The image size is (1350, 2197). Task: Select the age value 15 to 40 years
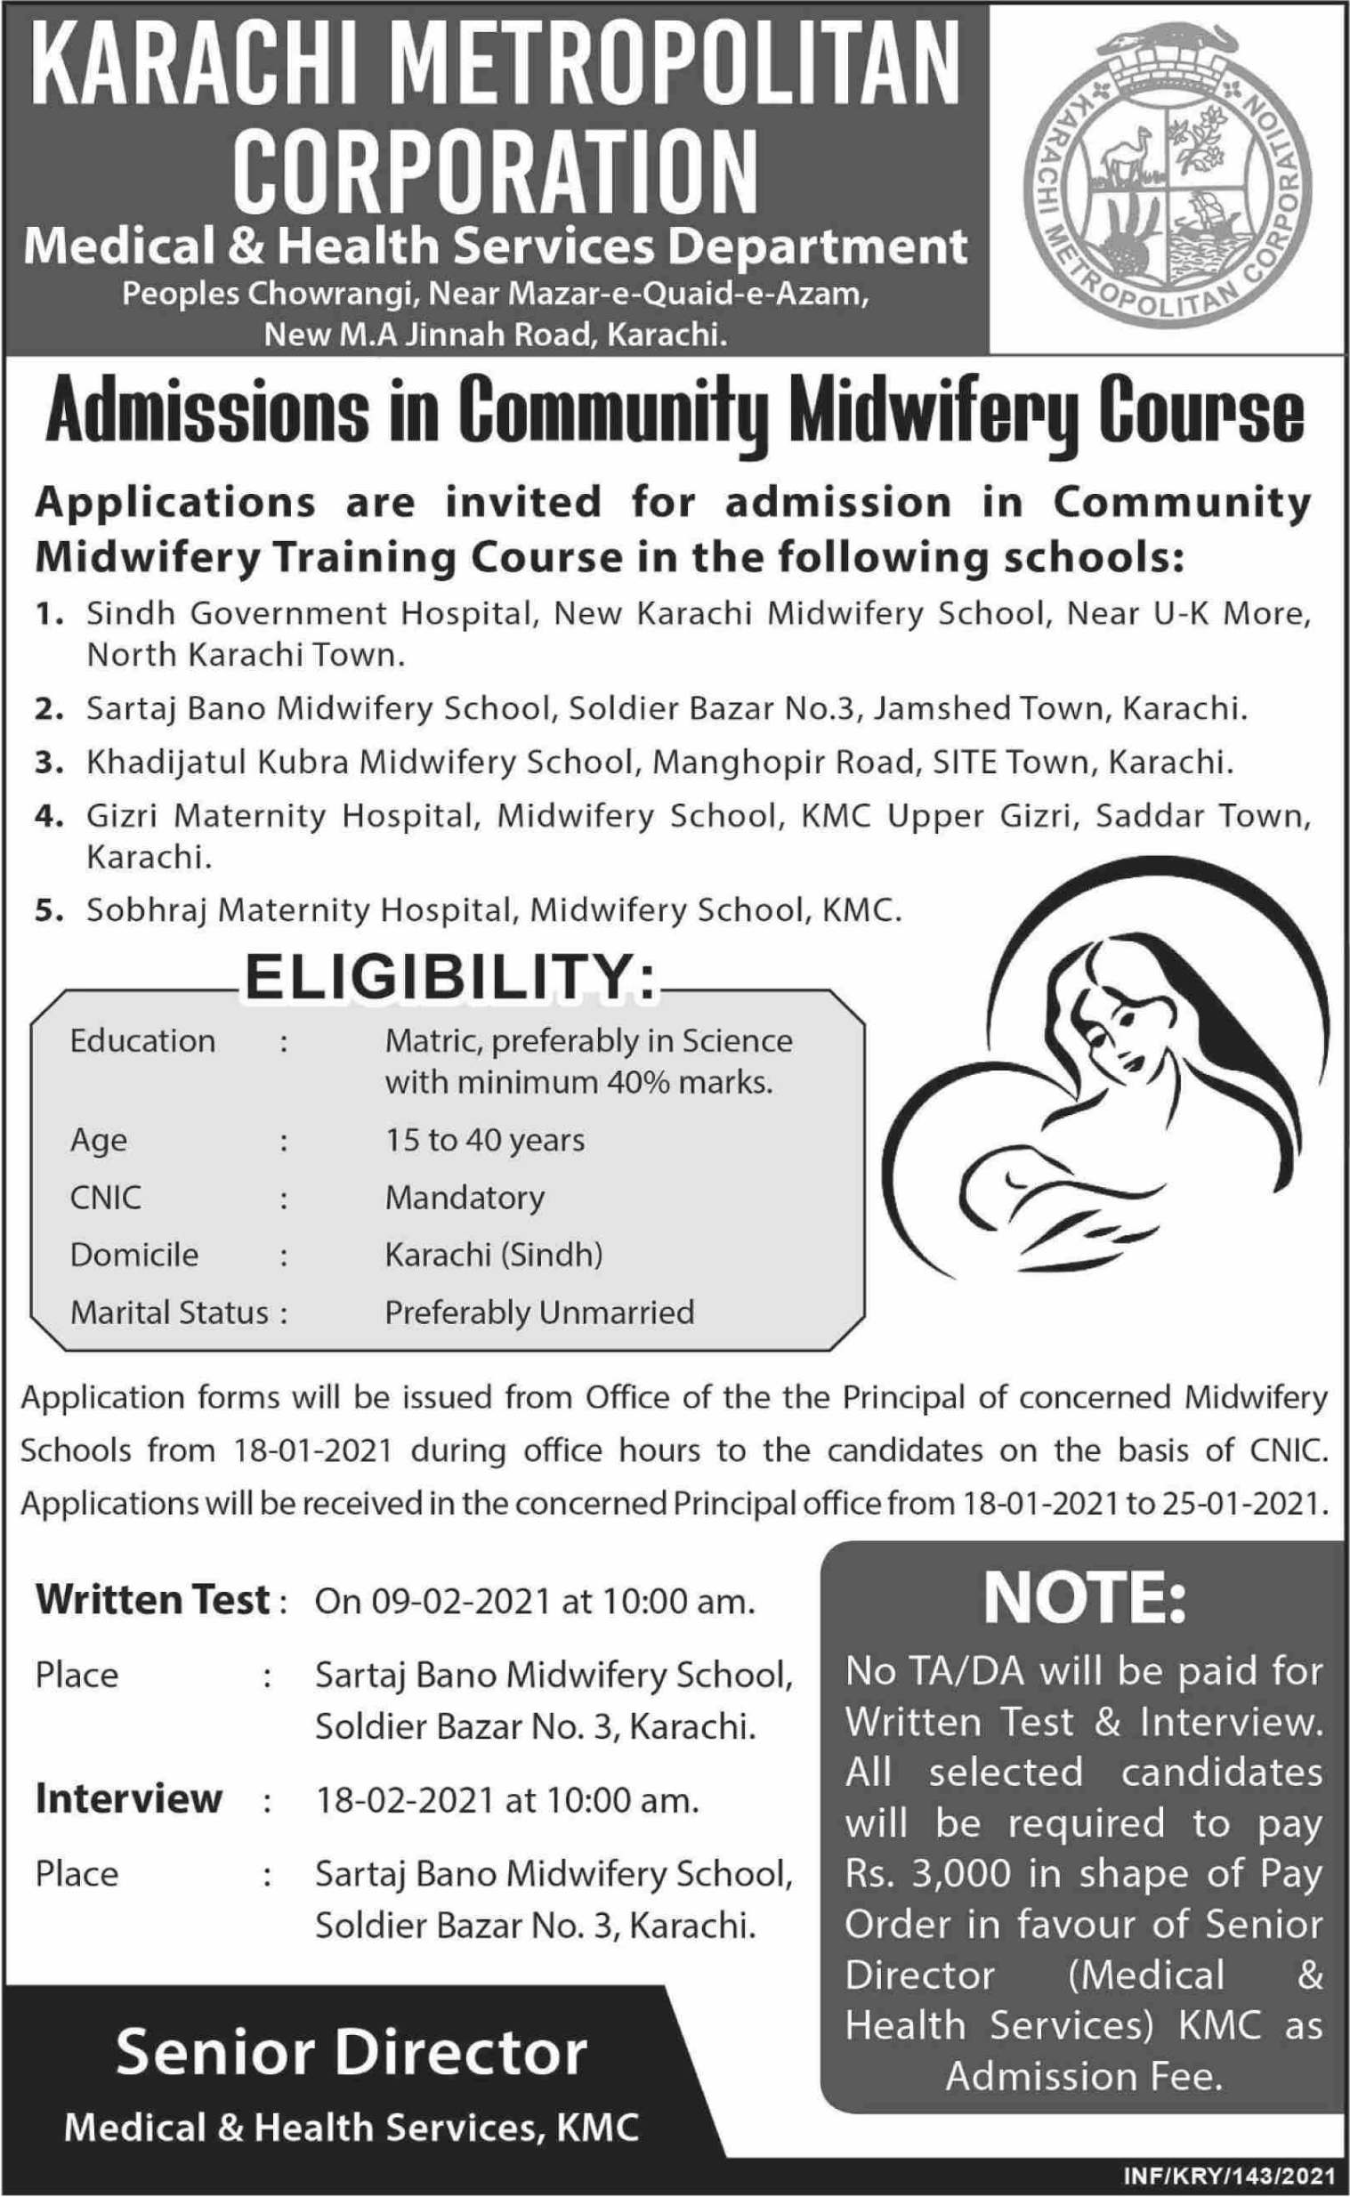485,1140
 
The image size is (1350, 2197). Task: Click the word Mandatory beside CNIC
465,1197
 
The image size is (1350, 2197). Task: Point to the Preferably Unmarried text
539,1313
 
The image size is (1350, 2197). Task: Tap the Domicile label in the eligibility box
133,1256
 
